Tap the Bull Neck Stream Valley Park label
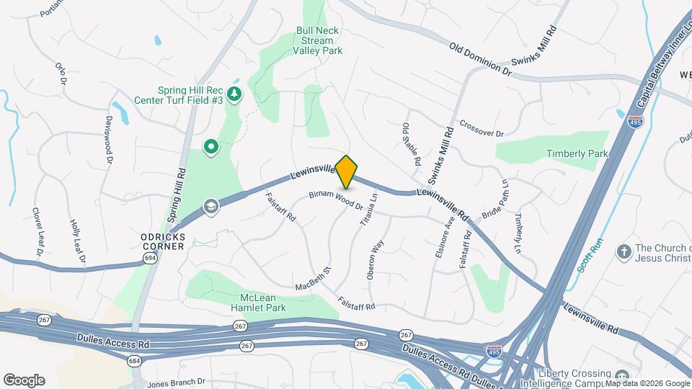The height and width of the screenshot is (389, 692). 318,41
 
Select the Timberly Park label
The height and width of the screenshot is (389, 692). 577,153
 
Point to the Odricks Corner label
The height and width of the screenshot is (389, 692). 163,241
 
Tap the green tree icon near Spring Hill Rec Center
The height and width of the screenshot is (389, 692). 234,94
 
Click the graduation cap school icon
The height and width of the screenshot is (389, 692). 210,207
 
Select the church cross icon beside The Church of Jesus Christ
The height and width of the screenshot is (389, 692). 624,252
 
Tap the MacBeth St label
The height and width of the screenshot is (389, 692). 312,280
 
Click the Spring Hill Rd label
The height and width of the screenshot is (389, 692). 176,195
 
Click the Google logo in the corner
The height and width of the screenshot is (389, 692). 24,380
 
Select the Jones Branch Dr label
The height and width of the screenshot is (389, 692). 176,383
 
